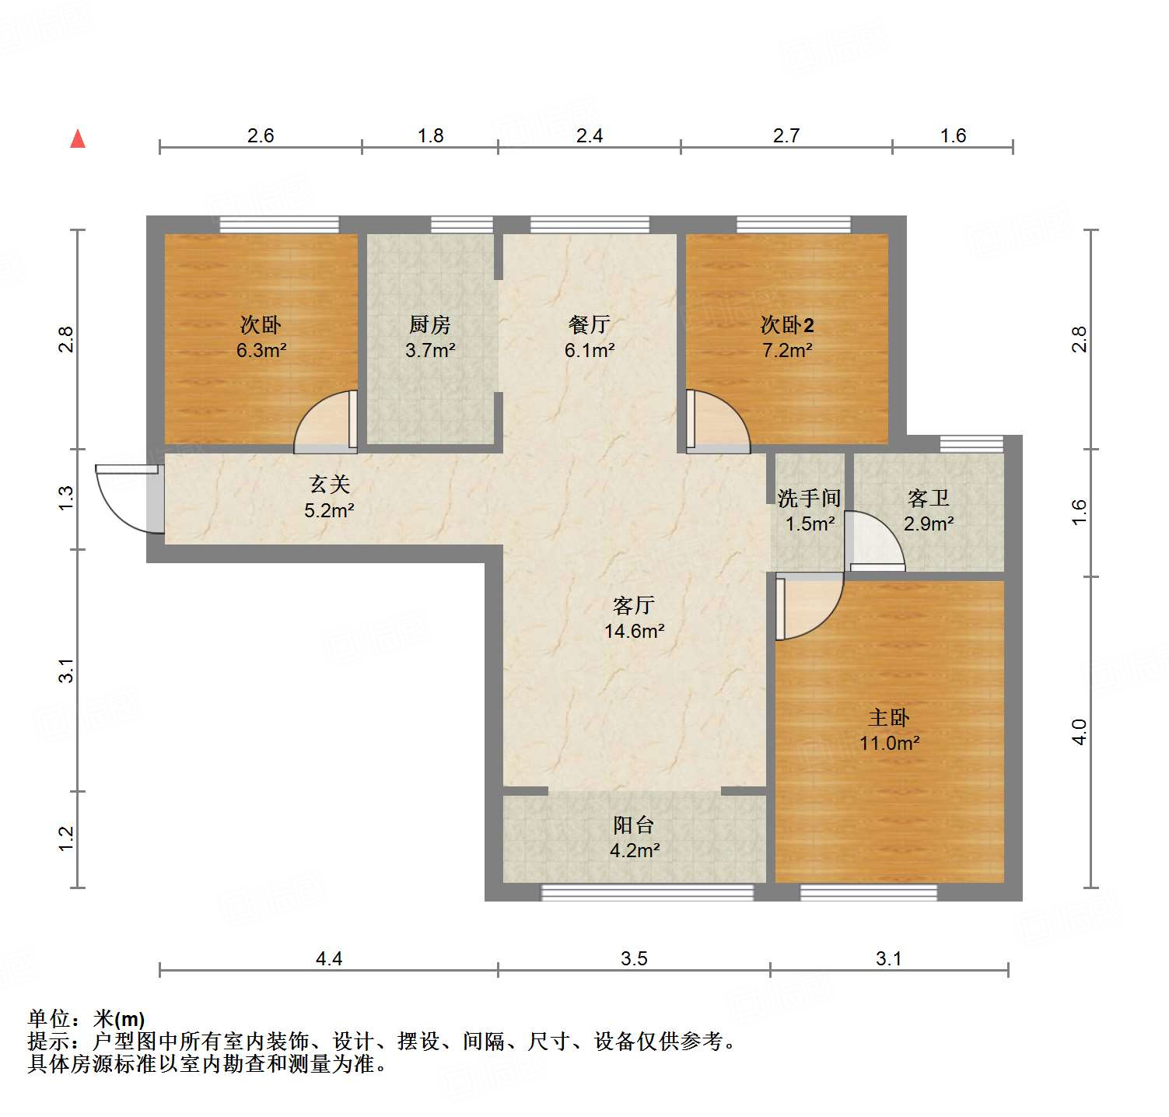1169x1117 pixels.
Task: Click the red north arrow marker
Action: coord(78,139)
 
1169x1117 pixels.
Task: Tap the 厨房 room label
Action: coord(429,324)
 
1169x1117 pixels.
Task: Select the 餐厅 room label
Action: coord(589,324)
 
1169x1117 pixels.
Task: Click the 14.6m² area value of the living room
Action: coord(634,631)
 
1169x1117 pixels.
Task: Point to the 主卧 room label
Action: coord(888,717)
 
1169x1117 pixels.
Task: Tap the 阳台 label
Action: coord(633,825)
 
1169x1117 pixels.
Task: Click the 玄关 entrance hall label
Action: coord(329,485)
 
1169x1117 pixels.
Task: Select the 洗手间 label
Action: coord(809,498)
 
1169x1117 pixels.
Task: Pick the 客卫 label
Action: coord(928,498)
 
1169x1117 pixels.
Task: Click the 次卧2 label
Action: coord(786,324)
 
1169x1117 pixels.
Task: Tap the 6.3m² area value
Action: coord(261,351)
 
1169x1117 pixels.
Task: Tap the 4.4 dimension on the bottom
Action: coord(328,958)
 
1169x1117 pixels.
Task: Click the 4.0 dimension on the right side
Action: coord(1079,732)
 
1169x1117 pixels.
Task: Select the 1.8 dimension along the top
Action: coord(429,136)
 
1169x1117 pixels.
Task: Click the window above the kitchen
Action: coord(462,225)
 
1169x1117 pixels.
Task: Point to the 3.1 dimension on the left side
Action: coord(67,671)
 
